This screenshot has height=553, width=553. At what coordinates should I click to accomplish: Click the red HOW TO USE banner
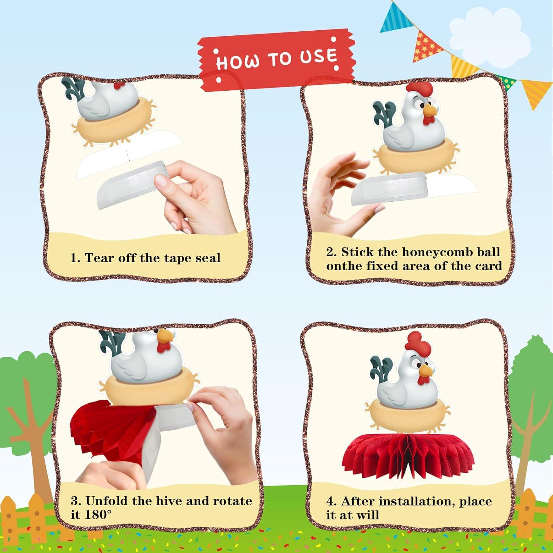tap(276, 59)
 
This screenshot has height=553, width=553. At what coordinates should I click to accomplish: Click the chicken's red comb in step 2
tap(420, 90)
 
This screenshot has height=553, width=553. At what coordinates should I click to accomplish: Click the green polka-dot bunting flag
tap(505, 83)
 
